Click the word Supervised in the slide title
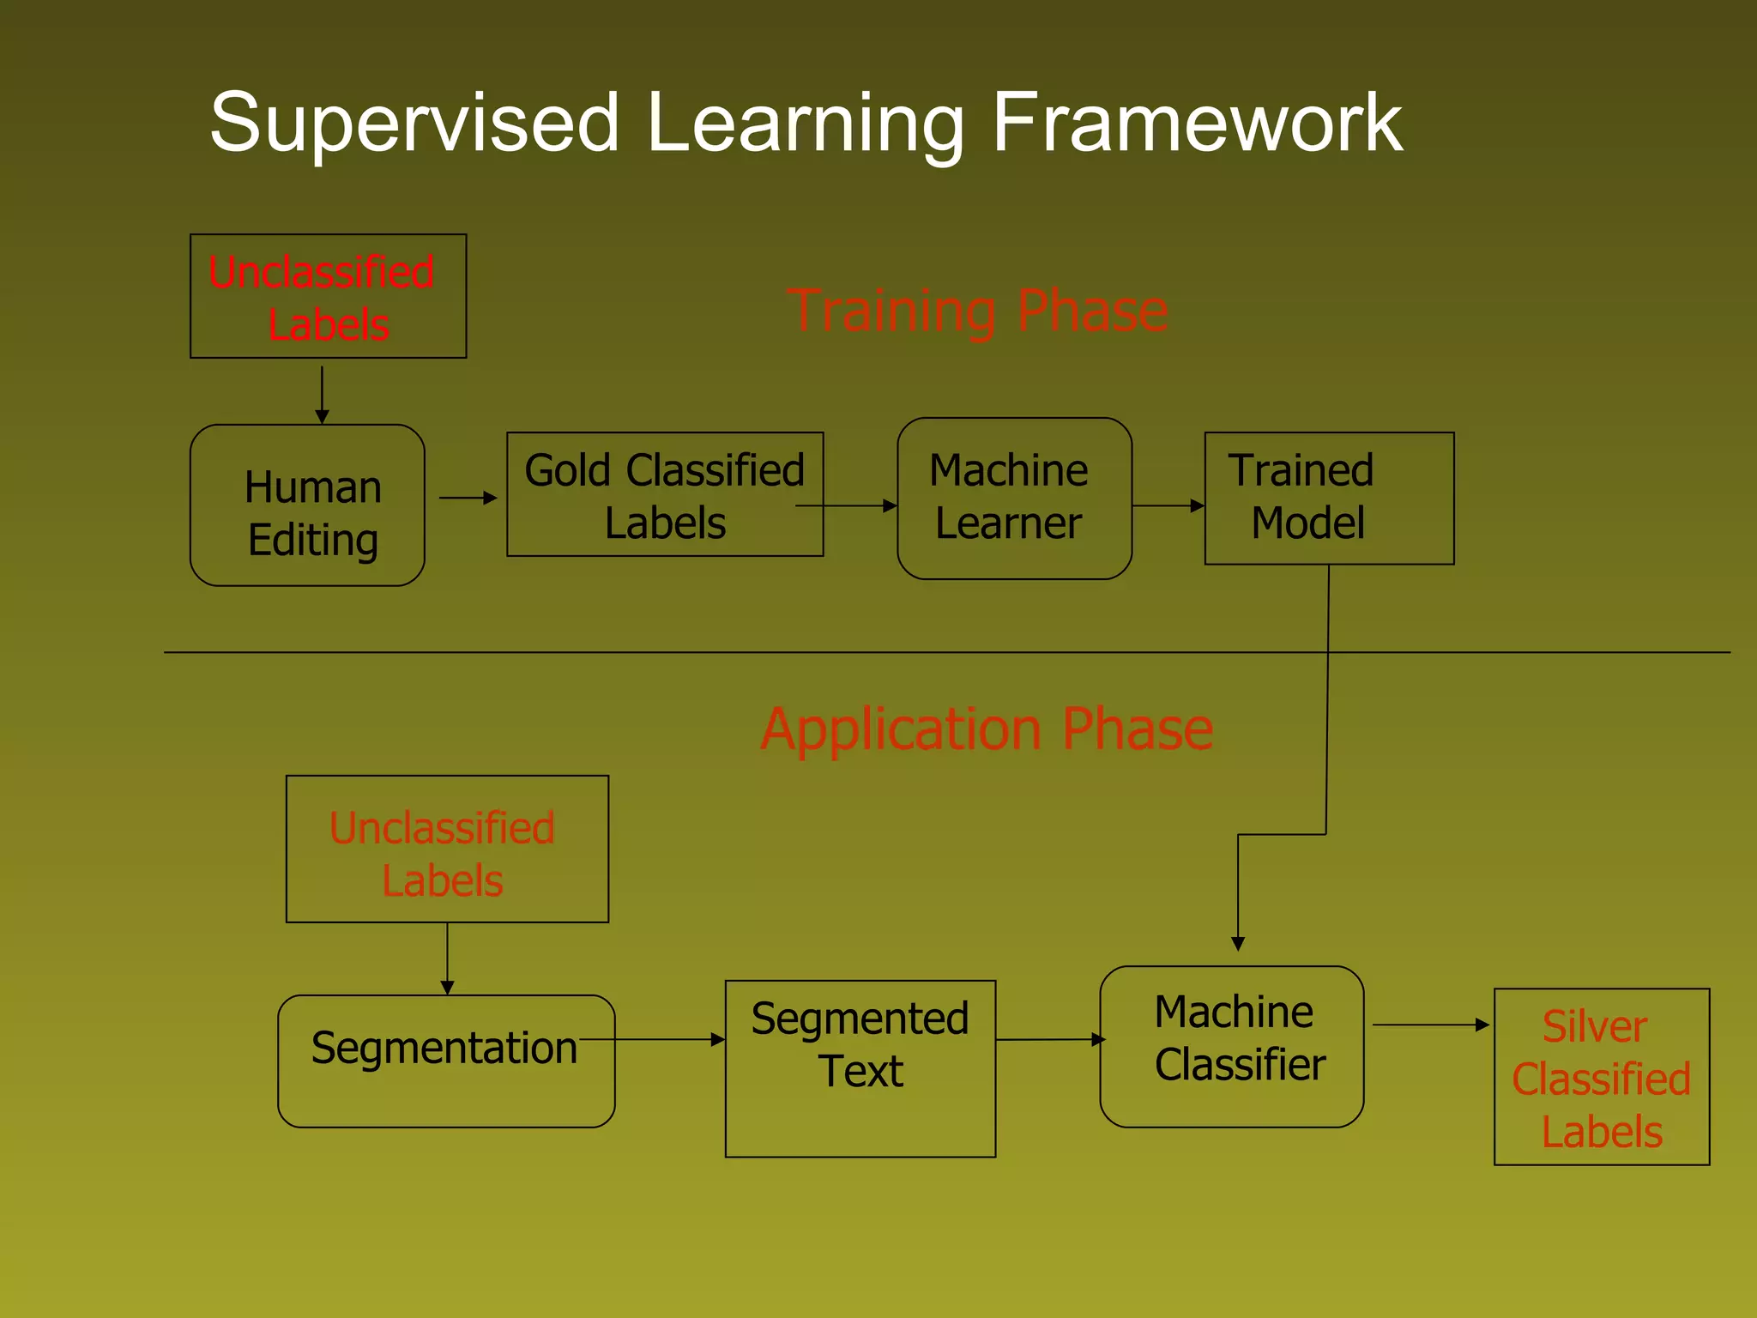click(414, 123)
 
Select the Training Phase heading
click(977, 310)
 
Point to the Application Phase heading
click(987, 729)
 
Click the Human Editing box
click(307, 506)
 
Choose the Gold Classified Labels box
click(665, 495)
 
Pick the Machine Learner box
click(1014, 499)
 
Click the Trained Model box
click(1328, 499)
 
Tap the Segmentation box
click(445, 1061)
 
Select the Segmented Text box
click(860, 1068)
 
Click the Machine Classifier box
click(1232, 1047)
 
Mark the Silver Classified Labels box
click(1601, 1077)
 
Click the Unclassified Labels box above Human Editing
click(328, 297)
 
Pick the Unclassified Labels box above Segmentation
click(446, 849)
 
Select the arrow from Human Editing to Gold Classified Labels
click(468, 498)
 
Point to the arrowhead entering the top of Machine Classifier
click(1238, 944)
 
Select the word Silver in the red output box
click(1594, 1026)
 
